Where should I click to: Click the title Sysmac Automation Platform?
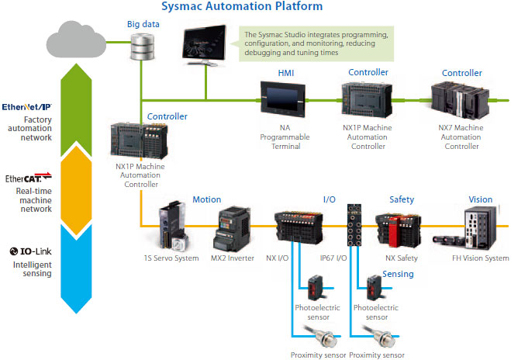click(242, 7)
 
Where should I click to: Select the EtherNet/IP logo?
click(27, 106)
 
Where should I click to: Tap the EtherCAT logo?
click(28, 178)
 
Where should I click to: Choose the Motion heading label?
click(206, 199)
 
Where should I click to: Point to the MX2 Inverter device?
click(233, 226)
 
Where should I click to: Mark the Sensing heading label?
click(398, 274)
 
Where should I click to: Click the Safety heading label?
click(401, 199)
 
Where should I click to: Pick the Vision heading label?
click(481, 199)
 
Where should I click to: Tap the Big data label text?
click(143, 24)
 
